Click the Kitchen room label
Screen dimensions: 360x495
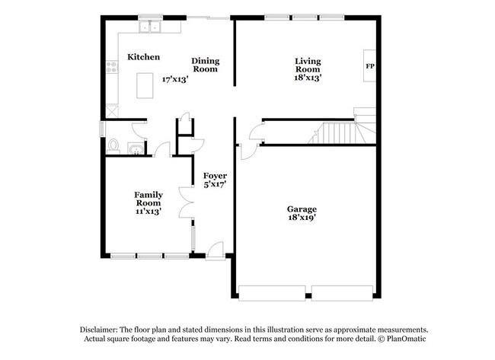(143, 57)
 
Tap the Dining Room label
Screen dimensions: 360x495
(205, 65)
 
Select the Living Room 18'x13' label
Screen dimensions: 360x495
(308, 68)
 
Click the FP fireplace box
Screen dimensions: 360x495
(370, 67)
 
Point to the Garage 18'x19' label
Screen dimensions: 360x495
(302, 213)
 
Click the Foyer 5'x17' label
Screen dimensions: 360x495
(215, 180)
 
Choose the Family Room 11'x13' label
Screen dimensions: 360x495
(148, 203)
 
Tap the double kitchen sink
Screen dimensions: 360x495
(151, 28)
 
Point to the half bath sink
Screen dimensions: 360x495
(135, 148)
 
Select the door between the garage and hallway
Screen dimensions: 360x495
(248, 145)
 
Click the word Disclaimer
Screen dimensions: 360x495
(104, 329)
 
